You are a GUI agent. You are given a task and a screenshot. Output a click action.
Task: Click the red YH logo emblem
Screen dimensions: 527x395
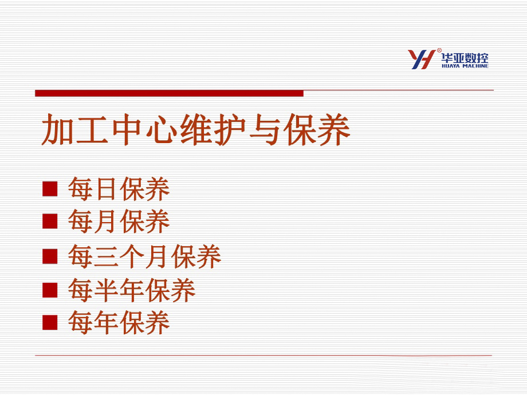pos(422,59)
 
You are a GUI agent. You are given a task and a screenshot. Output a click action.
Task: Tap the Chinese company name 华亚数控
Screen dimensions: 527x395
pos(465,58)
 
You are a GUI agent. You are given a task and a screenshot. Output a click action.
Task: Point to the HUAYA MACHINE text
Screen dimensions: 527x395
pos(465,66)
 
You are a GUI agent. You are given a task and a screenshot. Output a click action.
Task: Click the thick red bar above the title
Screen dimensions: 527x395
pos(169,93)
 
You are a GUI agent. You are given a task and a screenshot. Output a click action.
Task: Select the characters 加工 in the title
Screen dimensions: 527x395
pos(74,129)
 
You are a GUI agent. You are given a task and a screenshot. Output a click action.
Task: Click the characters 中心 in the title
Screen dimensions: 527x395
pos(144,129)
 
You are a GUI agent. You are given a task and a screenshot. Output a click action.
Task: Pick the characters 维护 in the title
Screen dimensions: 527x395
pos(214,129)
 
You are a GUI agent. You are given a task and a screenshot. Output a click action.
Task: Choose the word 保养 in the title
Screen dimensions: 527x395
pos(317,129)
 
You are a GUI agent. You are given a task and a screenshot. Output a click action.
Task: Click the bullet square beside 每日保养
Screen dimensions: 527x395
pos(50,189)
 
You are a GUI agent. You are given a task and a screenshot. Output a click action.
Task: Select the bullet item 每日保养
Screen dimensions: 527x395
pos(119,189)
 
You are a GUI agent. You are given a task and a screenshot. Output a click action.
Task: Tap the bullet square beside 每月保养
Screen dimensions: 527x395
pos(50,222)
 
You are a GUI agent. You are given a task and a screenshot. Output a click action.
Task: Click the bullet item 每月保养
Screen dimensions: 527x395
pos(119,222)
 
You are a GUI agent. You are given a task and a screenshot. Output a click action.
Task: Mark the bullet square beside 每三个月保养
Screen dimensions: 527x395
pos(50,256)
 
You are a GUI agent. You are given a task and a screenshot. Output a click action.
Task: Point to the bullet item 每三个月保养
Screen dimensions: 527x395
pos(144,256)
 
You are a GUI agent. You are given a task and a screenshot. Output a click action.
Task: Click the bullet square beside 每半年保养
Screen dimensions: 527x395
pos(50,290)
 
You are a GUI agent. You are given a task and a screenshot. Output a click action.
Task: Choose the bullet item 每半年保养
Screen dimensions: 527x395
pos(132,290)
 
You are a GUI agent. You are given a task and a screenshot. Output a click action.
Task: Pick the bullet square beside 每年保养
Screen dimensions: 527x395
pos(50,322)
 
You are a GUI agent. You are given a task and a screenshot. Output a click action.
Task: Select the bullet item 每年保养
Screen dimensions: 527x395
pos(119,322)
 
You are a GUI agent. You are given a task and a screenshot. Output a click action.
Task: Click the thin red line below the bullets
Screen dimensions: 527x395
pos(263,355)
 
